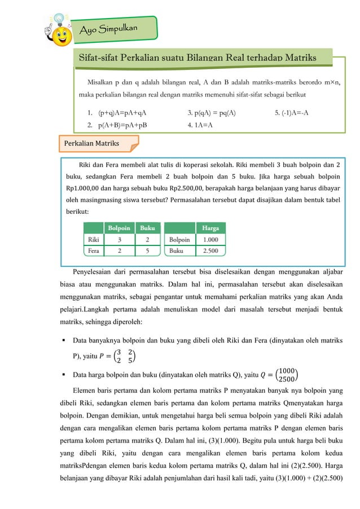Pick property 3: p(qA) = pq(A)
click(211, 112)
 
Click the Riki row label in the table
click(92, 239)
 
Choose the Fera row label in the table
click(92, 251)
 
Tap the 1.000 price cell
click(210, 239)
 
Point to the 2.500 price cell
click(210, 251)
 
